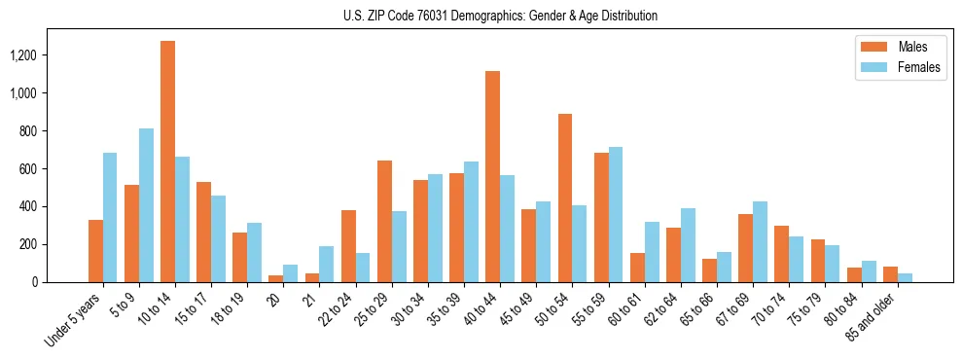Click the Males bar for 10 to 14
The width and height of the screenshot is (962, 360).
coord(167,162)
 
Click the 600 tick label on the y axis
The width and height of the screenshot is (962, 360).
coord(53,168)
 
